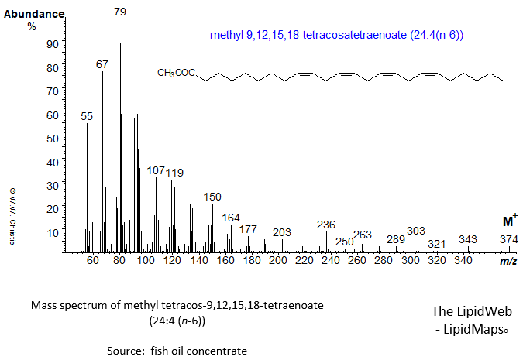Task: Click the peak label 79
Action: pyautogui.click(x=119, y=12)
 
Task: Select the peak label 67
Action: pyautogui.click(x=102, y=65)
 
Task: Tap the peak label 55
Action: pyautogui.click(x=87, y=116)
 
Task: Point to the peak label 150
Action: pyautogui.click(x=212, y=197)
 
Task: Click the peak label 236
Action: pyautogui.click(x=326, y=225)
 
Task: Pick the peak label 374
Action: pyautogui.click(x=508, y=239)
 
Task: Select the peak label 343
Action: pyautogui.click(x=468, y=239)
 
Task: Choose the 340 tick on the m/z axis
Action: pyautogui.click(x=463, y=261)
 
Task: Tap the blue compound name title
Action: pyautogui.click(x=337, y=35)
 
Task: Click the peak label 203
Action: pyautogui.click(x=282, y=233)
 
